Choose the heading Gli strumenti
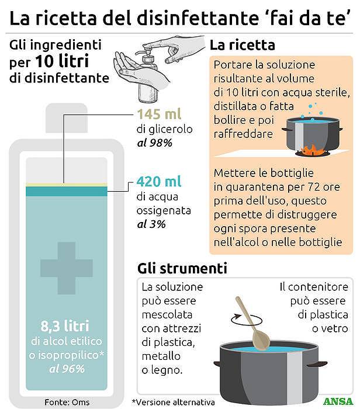point(182,269)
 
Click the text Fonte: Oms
point(67,402)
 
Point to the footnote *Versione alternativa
point(174,402)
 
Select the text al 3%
point(150,224)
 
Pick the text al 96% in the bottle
point(68,368)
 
